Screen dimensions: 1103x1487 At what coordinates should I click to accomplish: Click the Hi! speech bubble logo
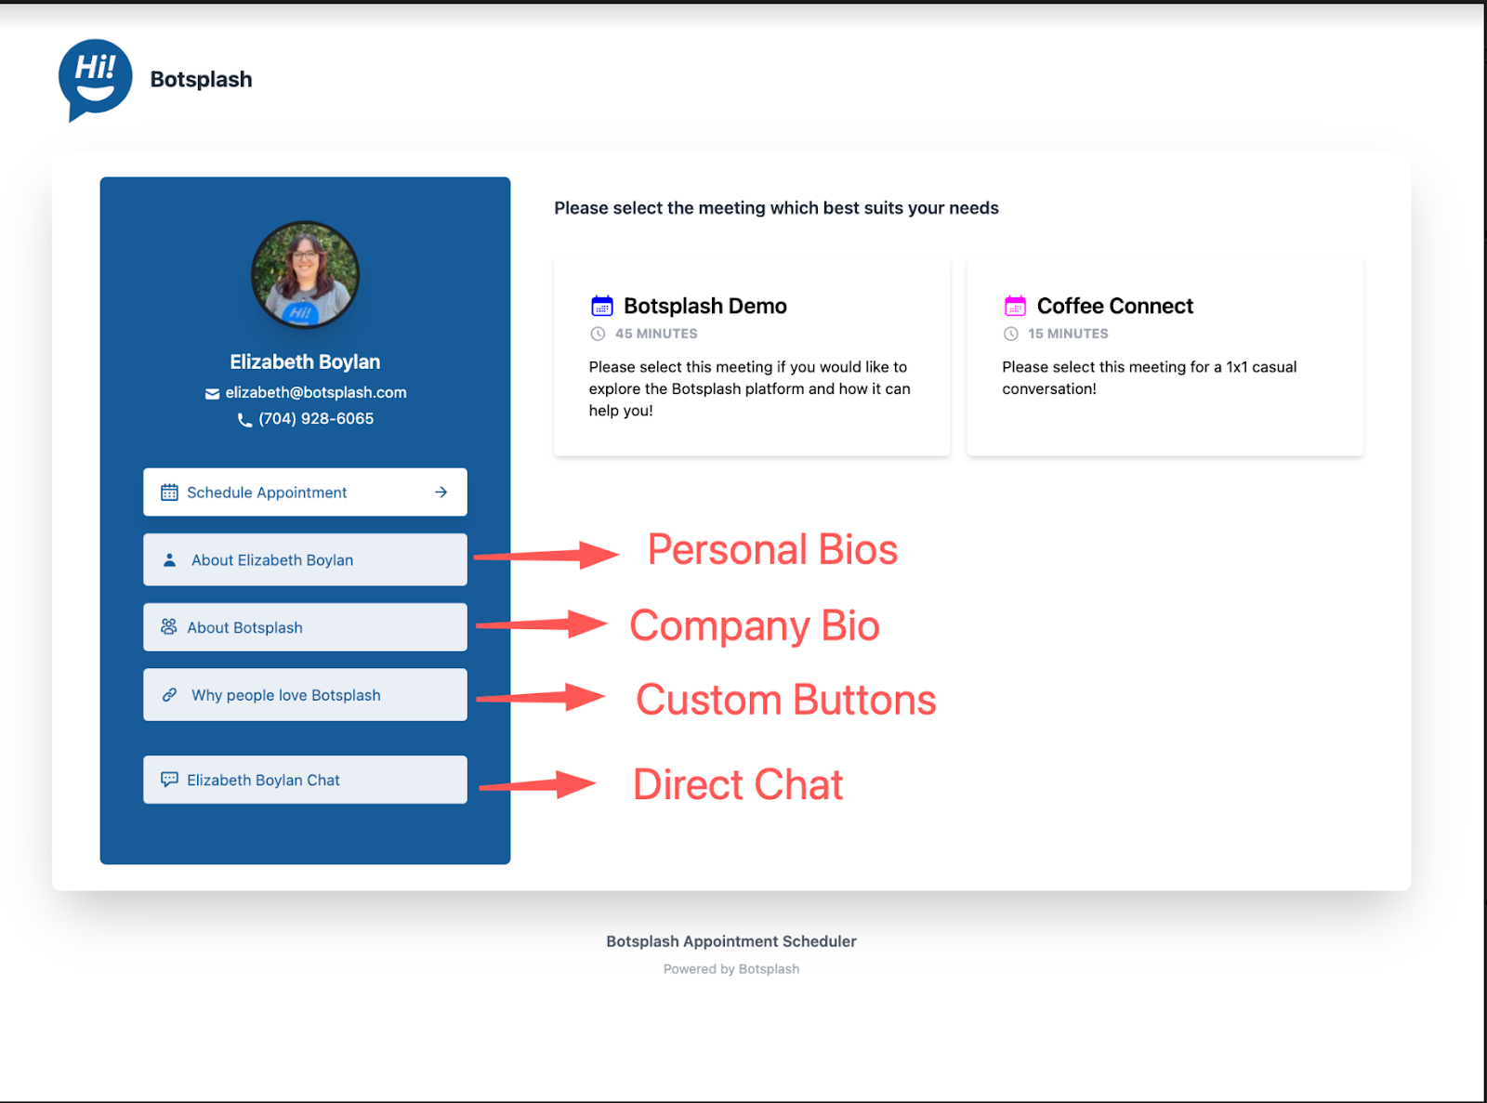click(95, 79)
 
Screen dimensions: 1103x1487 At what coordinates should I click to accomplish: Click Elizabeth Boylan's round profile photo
click(305, 275)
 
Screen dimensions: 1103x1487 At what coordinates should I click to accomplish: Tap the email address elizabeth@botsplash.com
click(315, 392)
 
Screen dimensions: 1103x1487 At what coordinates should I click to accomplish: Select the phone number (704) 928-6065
click(315, 418)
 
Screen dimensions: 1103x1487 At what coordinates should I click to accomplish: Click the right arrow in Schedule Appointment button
click(441, 492)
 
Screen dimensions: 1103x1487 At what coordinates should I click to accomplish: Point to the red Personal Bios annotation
click(772, 549)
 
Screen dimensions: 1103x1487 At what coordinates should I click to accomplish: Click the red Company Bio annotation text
click(754, 625)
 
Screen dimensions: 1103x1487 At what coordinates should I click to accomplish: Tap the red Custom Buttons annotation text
click(785, 700)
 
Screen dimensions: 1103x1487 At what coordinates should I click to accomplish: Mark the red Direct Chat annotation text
click(738, 784)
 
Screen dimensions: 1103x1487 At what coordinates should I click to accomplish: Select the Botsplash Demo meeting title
click(704, 306)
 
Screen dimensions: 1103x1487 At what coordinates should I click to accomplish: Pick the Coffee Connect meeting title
click(1114, 306)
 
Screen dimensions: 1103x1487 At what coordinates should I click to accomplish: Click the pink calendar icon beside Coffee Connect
click(1015, 306)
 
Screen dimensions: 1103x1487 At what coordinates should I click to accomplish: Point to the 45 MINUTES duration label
click(655, 334)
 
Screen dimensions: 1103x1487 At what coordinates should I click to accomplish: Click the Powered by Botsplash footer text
click(731, 968)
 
